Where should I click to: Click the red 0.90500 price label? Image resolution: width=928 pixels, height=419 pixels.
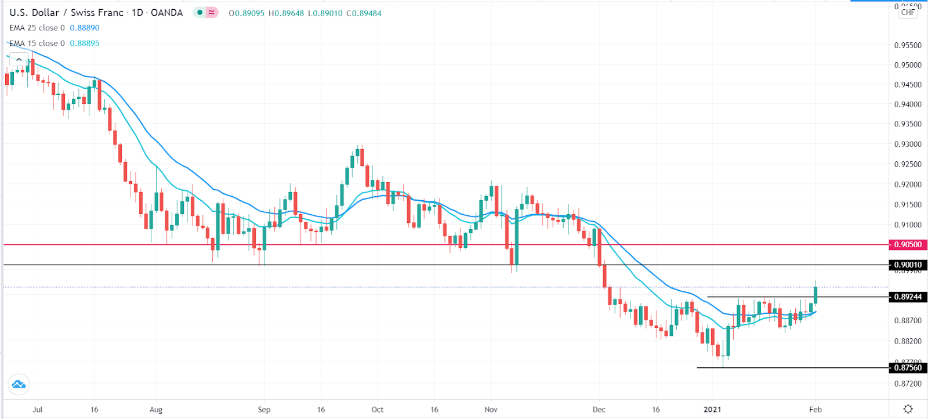click(x=907, y=245)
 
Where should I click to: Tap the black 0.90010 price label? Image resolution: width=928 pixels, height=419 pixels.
click(x=907, y=265)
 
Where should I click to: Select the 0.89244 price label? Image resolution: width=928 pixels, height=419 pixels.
click(x=907, y=297)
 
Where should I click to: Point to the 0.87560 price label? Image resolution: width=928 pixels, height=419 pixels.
click(x=907, y=368)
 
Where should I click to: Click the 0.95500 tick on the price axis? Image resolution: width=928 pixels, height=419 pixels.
click(x=907, y=45)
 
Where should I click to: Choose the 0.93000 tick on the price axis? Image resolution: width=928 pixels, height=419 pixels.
click(x=907, y=145)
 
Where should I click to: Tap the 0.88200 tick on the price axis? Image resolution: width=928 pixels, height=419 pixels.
click(x=907, y=341)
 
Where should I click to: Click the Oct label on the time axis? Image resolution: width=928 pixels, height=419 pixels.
click(x=377, y=410)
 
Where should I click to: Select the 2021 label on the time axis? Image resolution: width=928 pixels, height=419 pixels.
click(x=712, y=410)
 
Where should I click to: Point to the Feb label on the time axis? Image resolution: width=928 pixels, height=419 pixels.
click(x=815, y=410)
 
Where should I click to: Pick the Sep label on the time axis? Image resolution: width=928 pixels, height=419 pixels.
click(x=264, y=410)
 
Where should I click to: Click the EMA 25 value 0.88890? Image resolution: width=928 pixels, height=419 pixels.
click(x=85, y=28)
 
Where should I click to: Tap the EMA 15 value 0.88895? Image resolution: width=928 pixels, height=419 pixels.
click(x=85, y=44)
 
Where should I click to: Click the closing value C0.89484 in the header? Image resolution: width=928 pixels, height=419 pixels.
click(x=364, y=13)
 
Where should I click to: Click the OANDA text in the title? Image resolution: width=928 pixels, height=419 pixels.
click(x=166, y=13)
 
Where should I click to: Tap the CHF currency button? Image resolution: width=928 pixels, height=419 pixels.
click(x=908, y=12)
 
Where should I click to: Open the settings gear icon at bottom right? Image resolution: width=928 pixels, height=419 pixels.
click(x=908, y=409)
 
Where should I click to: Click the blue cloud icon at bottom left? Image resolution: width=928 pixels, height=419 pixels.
click(x=19, y=384)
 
